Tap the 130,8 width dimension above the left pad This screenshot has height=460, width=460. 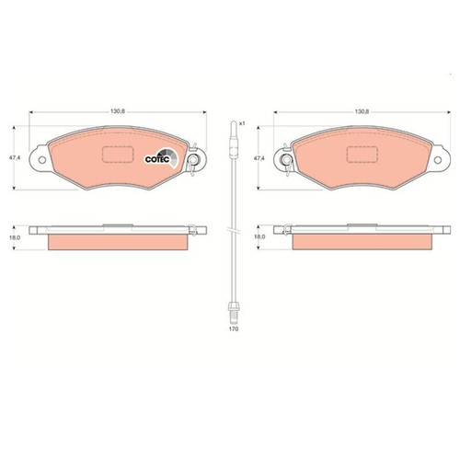point(118,111)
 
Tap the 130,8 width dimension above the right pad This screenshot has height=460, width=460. point(362,111)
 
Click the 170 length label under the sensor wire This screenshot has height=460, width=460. point(234,329)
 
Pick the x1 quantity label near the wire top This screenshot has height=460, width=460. point(242,123)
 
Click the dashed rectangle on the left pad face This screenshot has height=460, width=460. point(118,154)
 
